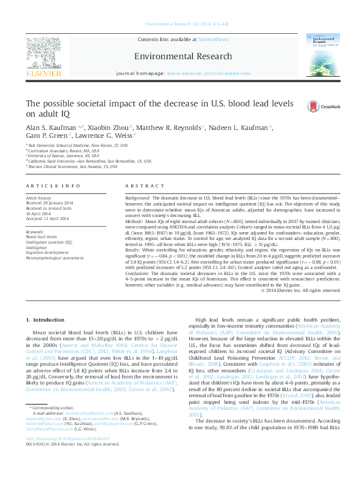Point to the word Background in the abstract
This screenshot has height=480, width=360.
tap(137, 198)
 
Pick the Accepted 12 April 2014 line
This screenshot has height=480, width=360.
tap(47, 218)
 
